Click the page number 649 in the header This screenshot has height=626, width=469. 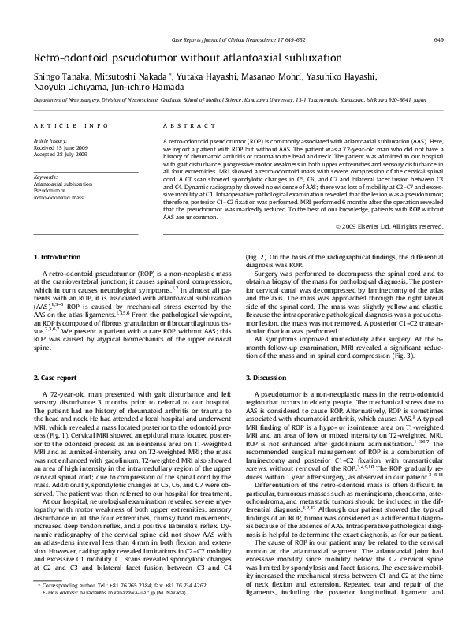[437, 39]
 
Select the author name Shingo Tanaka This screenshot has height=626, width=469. [60, 76]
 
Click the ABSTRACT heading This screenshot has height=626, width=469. [178, 125]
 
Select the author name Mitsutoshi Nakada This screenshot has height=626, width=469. [126, 76]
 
